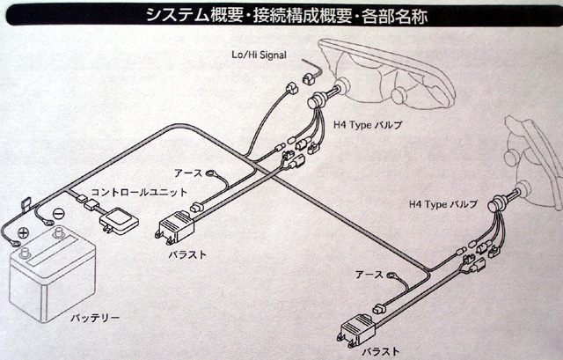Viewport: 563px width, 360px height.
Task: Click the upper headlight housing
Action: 387,75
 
